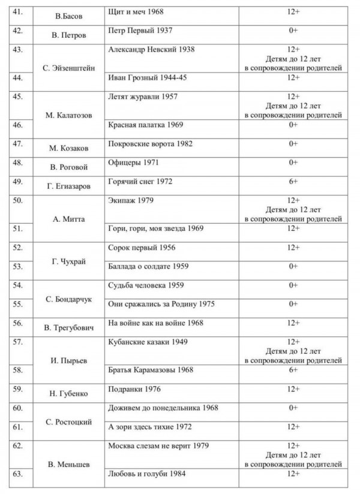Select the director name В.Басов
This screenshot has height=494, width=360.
pyautogui.click(x=68, y=16)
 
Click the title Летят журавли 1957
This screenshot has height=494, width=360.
pyautogui.click(x=143, y=97)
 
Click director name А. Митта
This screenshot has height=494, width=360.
pyautogui.click(x=68, y=219)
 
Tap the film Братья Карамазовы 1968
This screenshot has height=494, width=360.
pyautogui.click(x=151, y=370)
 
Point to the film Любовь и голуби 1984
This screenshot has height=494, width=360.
pyautogui.click(x=147, y=474)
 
